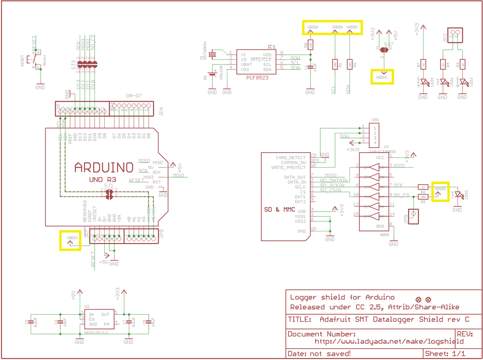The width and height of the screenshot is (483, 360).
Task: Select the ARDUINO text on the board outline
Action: [x=104, y=167]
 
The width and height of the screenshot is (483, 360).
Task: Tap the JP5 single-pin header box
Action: [x=414, y=215]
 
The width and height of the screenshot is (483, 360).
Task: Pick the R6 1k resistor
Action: [x=423, y=187]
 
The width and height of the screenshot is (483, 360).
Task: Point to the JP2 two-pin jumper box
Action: [x=455, y=35]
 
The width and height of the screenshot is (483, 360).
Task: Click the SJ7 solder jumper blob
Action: [x=384, y=49]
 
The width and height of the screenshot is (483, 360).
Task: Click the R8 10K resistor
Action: [x=310, y=45]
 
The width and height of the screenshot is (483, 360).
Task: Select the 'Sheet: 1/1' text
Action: [x=445, y=353]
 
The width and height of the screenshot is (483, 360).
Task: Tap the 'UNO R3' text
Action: [x=102, y=180]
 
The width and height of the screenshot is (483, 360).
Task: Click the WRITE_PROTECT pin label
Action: [x=288, y=167]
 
